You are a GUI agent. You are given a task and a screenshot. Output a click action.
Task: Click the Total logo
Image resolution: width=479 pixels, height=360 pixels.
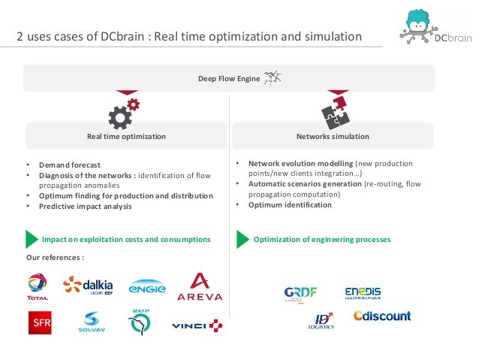37,287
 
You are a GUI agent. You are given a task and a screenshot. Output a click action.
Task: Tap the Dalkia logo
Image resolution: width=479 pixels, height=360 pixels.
89,286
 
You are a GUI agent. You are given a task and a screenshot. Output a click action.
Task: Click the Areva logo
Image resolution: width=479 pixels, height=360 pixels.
199,287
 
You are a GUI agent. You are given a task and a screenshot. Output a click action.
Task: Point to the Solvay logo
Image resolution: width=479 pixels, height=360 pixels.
91,325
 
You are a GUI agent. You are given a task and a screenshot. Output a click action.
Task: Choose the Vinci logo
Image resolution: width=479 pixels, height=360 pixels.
197,325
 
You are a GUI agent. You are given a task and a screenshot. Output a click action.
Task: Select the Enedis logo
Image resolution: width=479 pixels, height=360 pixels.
363,293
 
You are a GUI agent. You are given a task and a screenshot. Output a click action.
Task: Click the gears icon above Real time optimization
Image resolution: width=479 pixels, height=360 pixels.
123,113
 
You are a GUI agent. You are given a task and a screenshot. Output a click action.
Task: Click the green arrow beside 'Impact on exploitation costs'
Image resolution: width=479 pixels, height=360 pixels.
31,239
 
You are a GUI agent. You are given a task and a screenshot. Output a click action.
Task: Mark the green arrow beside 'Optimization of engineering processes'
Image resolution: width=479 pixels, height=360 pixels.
242,239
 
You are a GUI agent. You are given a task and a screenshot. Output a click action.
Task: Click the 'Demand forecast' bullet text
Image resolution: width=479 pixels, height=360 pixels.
69,165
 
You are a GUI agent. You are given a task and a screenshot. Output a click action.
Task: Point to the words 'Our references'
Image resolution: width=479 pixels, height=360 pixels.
55,258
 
